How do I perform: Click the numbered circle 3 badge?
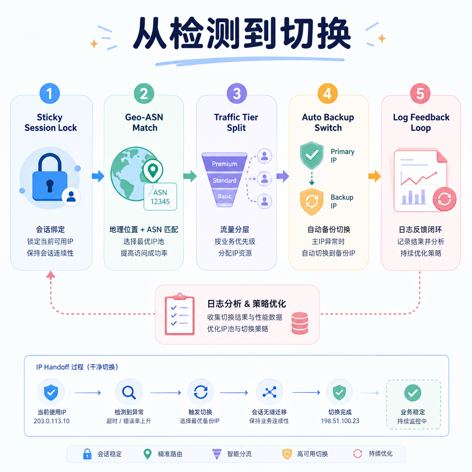click(x=236, y=93)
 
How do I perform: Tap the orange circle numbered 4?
click(x=328, y=93)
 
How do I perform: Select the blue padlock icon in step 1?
click(x=50, y=177)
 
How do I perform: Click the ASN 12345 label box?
click(x=160, y=196)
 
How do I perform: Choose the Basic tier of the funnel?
click(x=224, y=196)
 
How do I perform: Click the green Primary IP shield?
click(x=312, y=155)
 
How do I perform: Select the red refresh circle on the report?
click(x=444, y=199)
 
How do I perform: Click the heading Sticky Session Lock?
click(x=51, y=123)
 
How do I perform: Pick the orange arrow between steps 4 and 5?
click(x=375, y=176)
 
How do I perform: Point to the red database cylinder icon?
click(x=300, y=323)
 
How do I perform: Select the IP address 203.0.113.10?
click(x=52, y=421)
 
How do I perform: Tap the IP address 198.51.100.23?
click(x=340, y=421)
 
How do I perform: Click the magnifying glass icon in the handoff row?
click(x=129, y=392)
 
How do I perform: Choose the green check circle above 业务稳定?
click(x=413, y=393)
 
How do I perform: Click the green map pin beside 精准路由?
click(x=147, y=454)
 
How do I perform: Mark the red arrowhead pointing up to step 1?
click(x=51, y=274)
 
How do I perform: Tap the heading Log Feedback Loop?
click(x=421, y=123)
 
